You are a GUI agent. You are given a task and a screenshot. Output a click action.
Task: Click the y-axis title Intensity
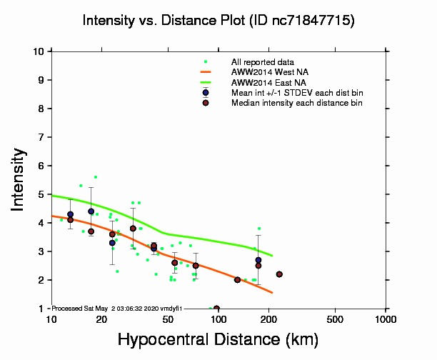point(20,179)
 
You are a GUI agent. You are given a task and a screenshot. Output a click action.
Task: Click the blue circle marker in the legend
point(206,93)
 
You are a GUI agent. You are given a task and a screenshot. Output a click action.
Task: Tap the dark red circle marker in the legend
point(206,103)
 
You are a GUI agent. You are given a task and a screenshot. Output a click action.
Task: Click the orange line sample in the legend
point(206,72)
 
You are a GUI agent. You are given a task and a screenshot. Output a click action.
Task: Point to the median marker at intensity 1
point(216,309)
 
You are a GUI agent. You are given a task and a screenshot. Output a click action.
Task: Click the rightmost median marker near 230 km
point(279,274)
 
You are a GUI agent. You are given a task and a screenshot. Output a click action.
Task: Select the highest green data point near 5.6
point(95,176)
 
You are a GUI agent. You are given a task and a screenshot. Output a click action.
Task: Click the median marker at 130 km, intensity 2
point(237,279)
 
